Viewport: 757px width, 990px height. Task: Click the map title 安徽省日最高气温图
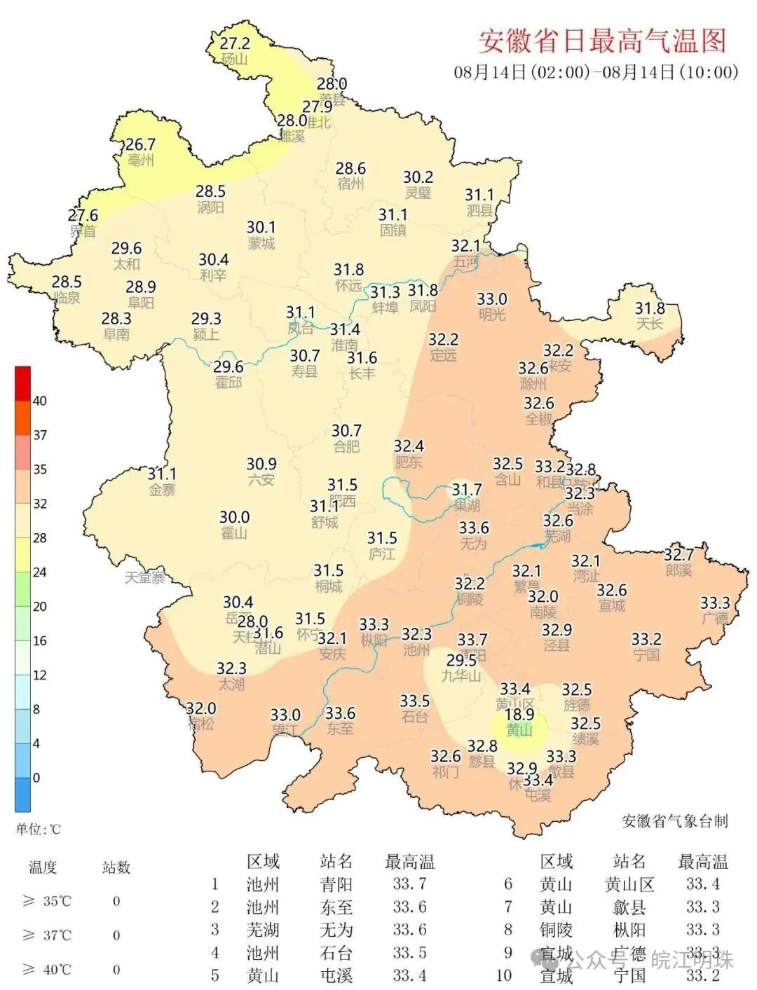[x=602, y=41]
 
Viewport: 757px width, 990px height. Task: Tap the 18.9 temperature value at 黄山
[x=519, y=714]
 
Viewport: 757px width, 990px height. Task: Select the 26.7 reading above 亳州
[x=140, y=144]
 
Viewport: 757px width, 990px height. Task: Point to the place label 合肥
[x=346, y=446]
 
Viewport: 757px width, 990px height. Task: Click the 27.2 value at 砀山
[x=235, y=43]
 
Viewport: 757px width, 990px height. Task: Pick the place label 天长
[x=649, y=324]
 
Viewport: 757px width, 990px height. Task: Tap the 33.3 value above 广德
[x=715, y=603]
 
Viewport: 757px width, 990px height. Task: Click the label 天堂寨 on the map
[x=145, y=577]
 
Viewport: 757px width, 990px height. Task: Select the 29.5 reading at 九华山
[x=461, y=660]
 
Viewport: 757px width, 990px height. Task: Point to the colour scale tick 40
[x=40, y=401]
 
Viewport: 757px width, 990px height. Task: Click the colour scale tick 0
[x=36, y=778]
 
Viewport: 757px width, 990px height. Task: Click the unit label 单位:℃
[x=39, y=830]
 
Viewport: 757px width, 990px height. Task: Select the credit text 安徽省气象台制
[x=674, y=821]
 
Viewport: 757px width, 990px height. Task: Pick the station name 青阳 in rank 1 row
[x=336, y=884]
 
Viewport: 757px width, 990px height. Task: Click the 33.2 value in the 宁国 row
[x=702, y=975]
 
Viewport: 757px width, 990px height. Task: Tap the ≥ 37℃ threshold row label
[x=47, y=935]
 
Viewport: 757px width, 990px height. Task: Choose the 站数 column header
[x=116, y=867]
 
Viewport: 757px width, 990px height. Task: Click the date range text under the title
[x=596, y=72]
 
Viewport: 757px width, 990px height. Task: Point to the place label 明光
[x=491, y=315]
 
